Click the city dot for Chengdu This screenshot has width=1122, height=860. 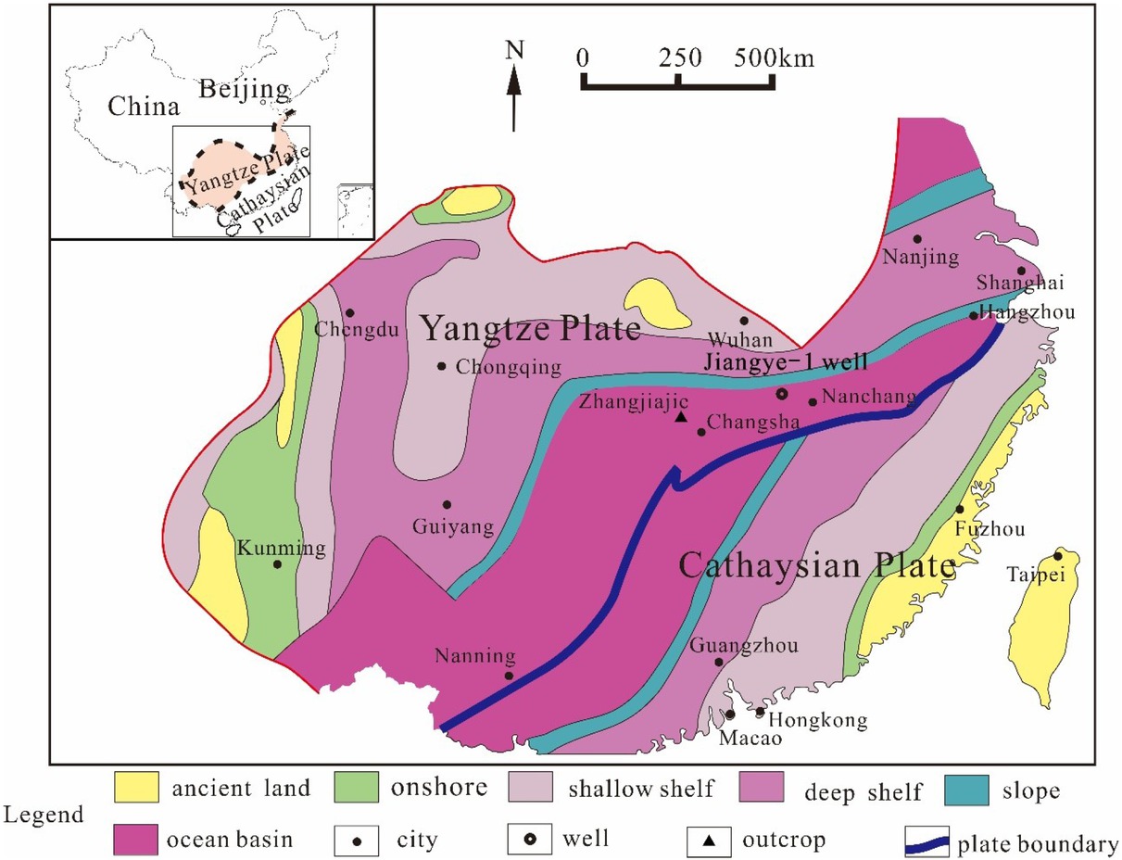pos(351,313)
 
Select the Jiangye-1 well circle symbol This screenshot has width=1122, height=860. pos(781,394)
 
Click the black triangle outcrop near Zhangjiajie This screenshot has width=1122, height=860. pos(681,417)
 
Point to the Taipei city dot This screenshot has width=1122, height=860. pos(1057,556)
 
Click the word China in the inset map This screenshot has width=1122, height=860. pos(143,107)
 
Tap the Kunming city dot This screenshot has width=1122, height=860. pos(277,564)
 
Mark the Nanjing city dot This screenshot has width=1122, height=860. pos(917,239)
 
